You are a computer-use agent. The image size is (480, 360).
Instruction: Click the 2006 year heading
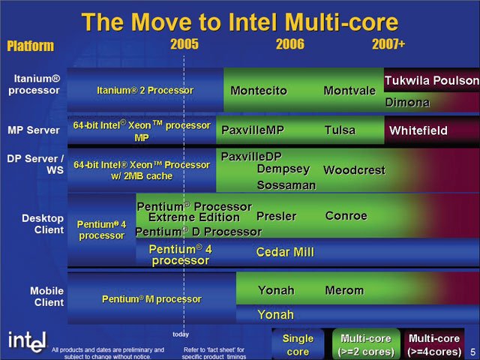click(290, 44)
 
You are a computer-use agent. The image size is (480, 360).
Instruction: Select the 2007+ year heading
click(388, 44)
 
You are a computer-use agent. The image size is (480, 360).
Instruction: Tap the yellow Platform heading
click(30, 46)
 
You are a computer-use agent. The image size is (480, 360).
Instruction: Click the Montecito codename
click(259, 91)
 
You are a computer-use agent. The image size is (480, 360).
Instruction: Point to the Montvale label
click(349, 91)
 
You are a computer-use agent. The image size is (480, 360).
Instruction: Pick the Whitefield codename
click(418, 130)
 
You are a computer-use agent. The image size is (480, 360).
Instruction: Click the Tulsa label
click(340, 130)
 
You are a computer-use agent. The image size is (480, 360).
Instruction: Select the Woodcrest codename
click(354, 170)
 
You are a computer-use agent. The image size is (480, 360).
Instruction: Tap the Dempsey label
click(283, 169)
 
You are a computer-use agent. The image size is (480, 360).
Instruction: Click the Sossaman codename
click(286, 185)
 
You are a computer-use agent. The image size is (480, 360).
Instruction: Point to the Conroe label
click(346, 216)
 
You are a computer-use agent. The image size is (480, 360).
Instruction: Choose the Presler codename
click(276, 217)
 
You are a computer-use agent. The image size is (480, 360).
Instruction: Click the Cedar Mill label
click(285, 252)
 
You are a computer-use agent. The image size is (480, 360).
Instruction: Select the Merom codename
click(344, 290)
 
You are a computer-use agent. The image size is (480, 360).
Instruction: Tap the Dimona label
click(407, 103)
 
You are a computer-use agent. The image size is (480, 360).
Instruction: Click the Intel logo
click(28, 342)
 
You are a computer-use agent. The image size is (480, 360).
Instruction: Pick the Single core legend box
click(298, 344)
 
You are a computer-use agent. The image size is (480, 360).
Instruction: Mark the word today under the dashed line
click(181, 334)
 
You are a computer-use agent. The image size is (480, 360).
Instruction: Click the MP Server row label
click(34, 130)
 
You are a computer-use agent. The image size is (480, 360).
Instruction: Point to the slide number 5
click(473, 352)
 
